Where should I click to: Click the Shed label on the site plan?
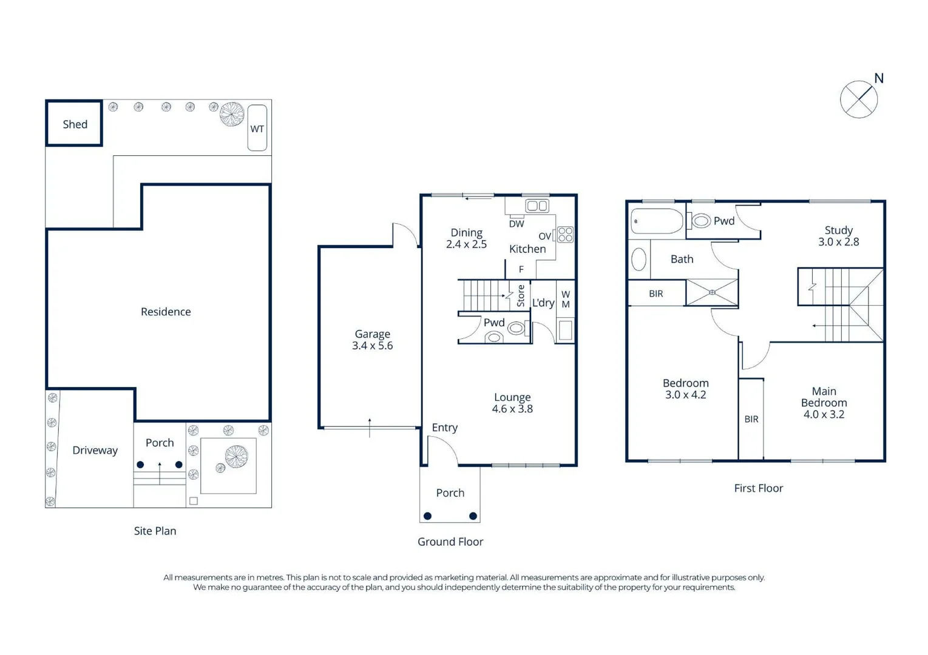click(75, 124)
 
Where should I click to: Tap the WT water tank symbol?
click(257, 127)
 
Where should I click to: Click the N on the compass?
click(879, 78)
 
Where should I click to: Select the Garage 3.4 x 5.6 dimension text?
click(373, 345)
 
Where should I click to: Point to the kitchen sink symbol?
click(537, 206)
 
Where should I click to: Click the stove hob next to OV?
click(565, 234)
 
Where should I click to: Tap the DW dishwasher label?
click(516, 224)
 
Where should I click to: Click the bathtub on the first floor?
click(657, 221)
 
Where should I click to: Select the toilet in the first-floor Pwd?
click(700, 220)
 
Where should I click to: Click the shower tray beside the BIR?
click(712, 293)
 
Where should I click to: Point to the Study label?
click(839, 230)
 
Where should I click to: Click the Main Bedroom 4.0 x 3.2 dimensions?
click(824, 414)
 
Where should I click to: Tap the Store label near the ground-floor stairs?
click(521, 295)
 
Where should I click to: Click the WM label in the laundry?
click(566, 299)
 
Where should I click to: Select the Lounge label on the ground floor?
click(512, 397)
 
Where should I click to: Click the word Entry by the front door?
click(445, 428)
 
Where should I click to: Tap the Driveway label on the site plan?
click(95, 451)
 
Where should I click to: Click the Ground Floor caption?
click(450, 542)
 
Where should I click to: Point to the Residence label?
click(166, 312)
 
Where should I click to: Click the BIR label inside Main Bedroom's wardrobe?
click(751, 419)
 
